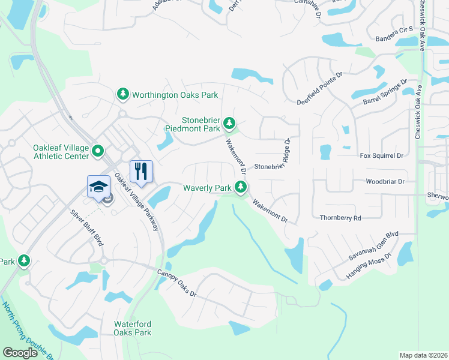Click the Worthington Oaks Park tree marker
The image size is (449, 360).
(123, 95)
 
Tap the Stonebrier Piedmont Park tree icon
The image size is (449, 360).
(229, 124)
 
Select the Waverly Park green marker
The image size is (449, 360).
(241, 188)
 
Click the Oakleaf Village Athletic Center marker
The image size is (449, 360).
(99, 151)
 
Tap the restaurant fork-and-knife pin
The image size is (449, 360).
(141, 171)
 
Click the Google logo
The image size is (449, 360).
(20, 353)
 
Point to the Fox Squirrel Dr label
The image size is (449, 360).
(382, 156)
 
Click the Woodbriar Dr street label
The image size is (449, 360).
(386, 181)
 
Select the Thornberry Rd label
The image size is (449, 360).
(340, 218)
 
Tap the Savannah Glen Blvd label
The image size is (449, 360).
(374, 246)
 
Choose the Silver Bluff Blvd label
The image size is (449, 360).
(86, 227)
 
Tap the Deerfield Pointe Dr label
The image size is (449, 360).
(319, 88)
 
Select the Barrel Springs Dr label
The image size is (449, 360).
(385, 93)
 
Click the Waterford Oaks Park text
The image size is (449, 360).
(133, 328)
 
